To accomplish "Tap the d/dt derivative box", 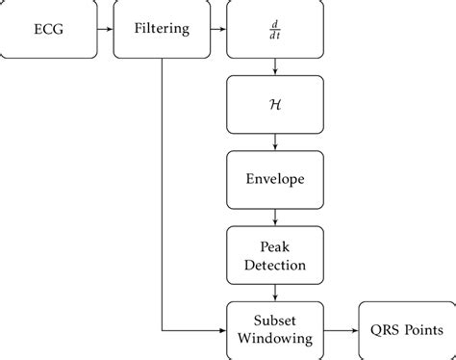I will pos(276,29).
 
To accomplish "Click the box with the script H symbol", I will pos(276,104).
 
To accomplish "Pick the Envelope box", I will pos(276,179).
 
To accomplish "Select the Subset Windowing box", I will pos(276,329).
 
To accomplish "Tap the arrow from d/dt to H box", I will pos(276,66).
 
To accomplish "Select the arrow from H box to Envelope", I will pos(276,141).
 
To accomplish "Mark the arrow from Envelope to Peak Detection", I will pos(276,217).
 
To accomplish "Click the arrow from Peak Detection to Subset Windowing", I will pos(276,292).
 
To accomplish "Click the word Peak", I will pos(276,245).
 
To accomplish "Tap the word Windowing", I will pos(276,338).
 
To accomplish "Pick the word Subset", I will pos(276,321).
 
